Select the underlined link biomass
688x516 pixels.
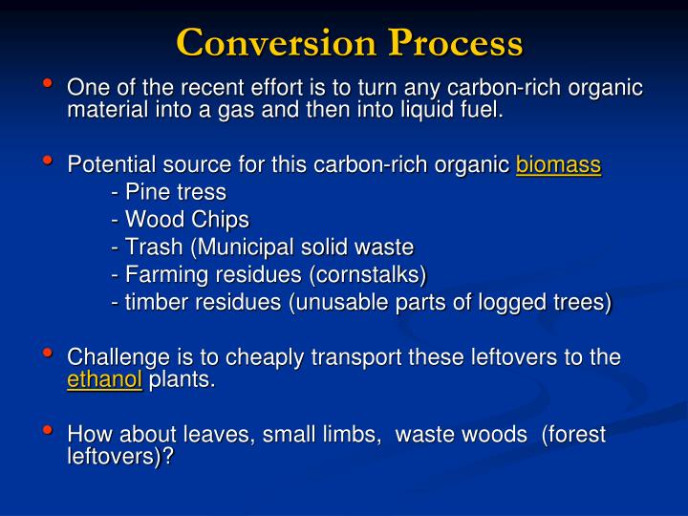558,164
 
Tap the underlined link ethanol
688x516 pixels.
104,380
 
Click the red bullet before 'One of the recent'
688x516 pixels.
48,85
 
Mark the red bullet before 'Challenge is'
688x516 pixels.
48,355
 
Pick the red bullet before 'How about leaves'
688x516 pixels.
48,430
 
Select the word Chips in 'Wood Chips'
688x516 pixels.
219,220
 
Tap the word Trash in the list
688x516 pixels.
153,247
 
